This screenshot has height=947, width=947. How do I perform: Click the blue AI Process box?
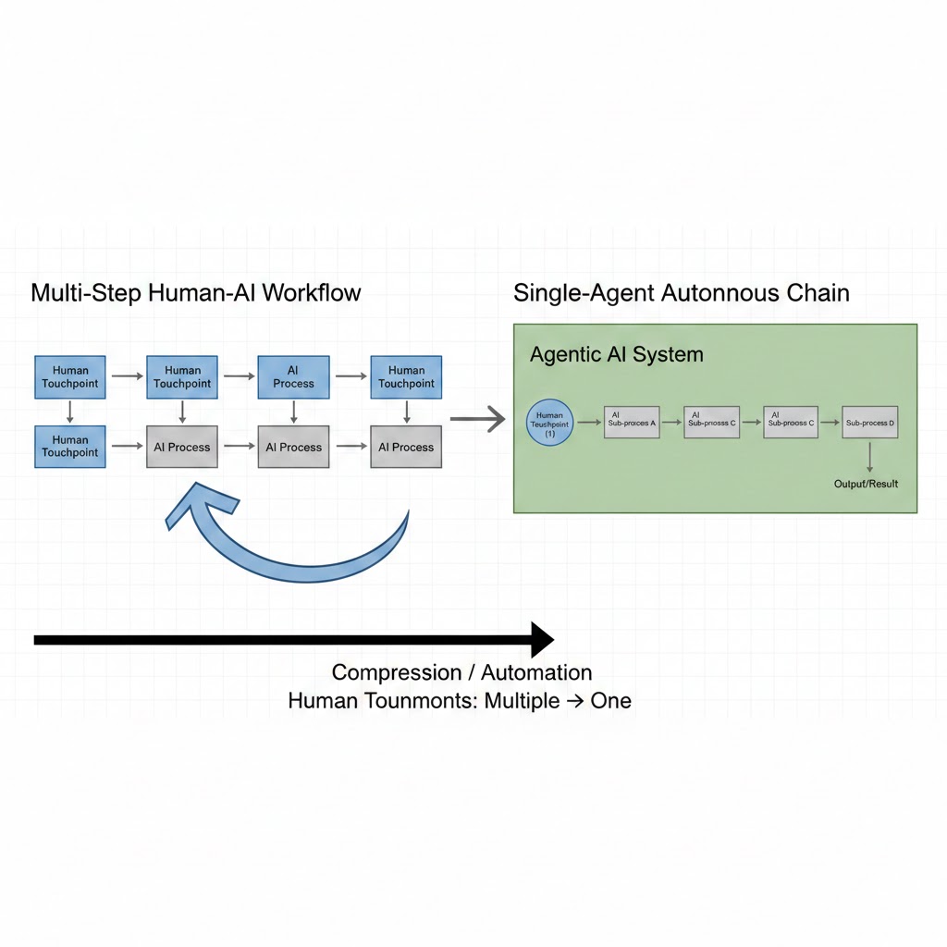click(293, 376)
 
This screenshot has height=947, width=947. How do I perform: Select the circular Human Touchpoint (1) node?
click(549, 424)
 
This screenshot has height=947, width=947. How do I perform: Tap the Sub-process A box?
click(632, 422)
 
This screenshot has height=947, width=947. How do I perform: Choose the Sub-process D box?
click(869, 422)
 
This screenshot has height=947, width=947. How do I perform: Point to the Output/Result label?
click(866, 484)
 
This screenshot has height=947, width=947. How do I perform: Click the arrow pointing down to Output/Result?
click(869, 457)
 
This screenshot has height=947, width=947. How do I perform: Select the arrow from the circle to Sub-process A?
click(589, 423)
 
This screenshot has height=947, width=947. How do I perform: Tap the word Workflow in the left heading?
click(312, 293)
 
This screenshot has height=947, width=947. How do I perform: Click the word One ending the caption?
click(610, 701)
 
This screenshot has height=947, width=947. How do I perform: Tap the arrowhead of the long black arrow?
click(541, 639)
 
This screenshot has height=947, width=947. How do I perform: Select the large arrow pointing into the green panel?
click(477, 420)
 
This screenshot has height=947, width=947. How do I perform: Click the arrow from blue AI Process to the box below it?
click(293, 410)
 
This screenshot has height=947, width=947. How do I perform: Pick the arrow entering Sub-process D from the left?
click(830, 423)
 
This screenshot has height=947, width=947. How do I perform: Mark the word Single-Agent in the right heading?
click(584, 293)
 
